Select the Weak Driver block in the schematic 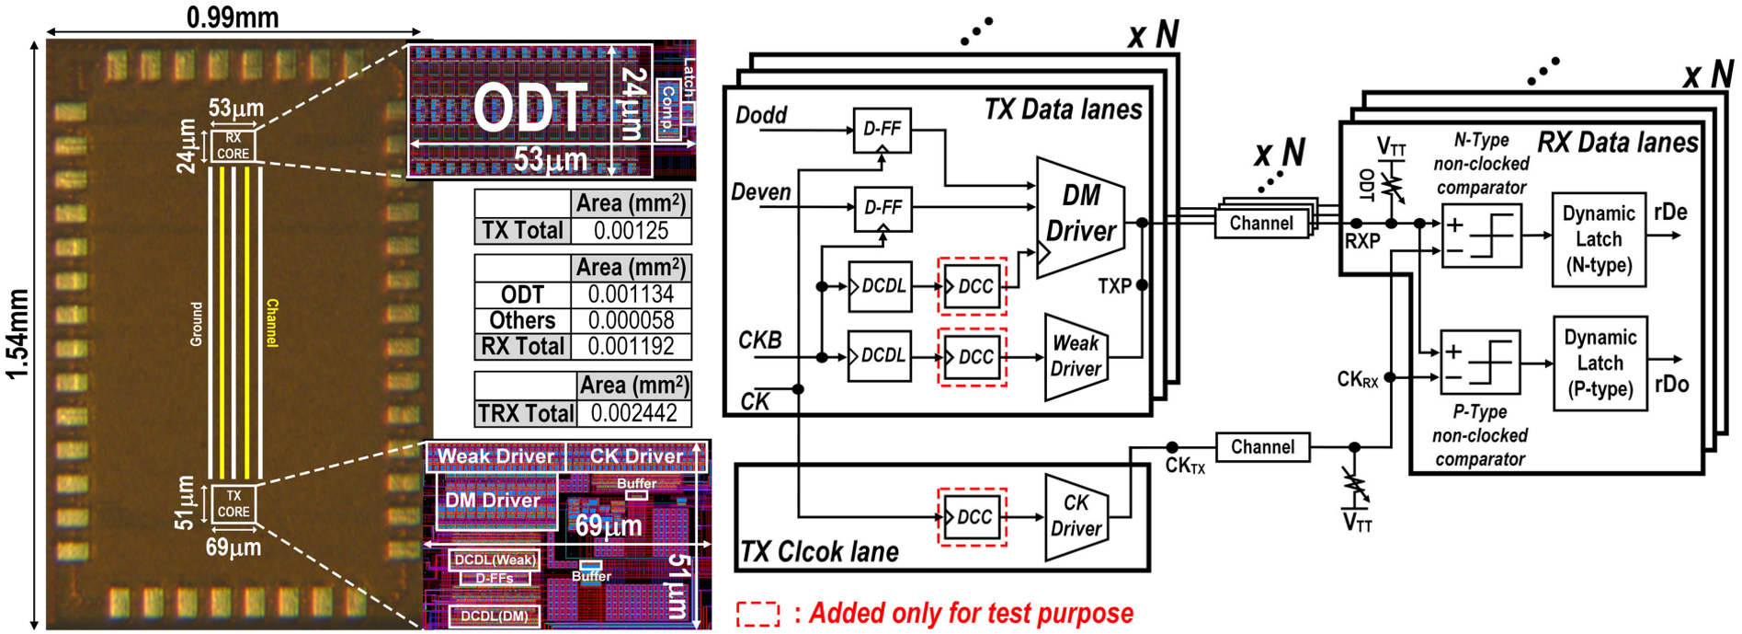[1074, 357]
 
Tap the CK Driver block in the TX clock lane [1075, 517]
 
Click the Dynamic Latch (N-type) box [1598, 239]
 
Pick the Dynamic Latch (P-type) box [1599, 363]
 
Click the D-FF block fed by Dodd [882, 130]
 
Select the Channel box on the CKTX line [1262, 447]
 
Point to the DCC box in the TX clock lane [973, 518]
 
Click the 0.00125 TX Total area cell [631, 230]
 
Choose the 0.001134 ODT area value [631, 294]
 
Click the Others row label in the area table [522, 320]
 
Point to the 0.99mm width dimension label [232, 16]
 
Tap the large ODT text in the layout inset [529, 108]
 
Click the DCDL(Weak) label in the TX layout [495, 559]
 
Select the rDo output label [1671, 383]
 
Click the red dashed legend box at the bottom [757, 614]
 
